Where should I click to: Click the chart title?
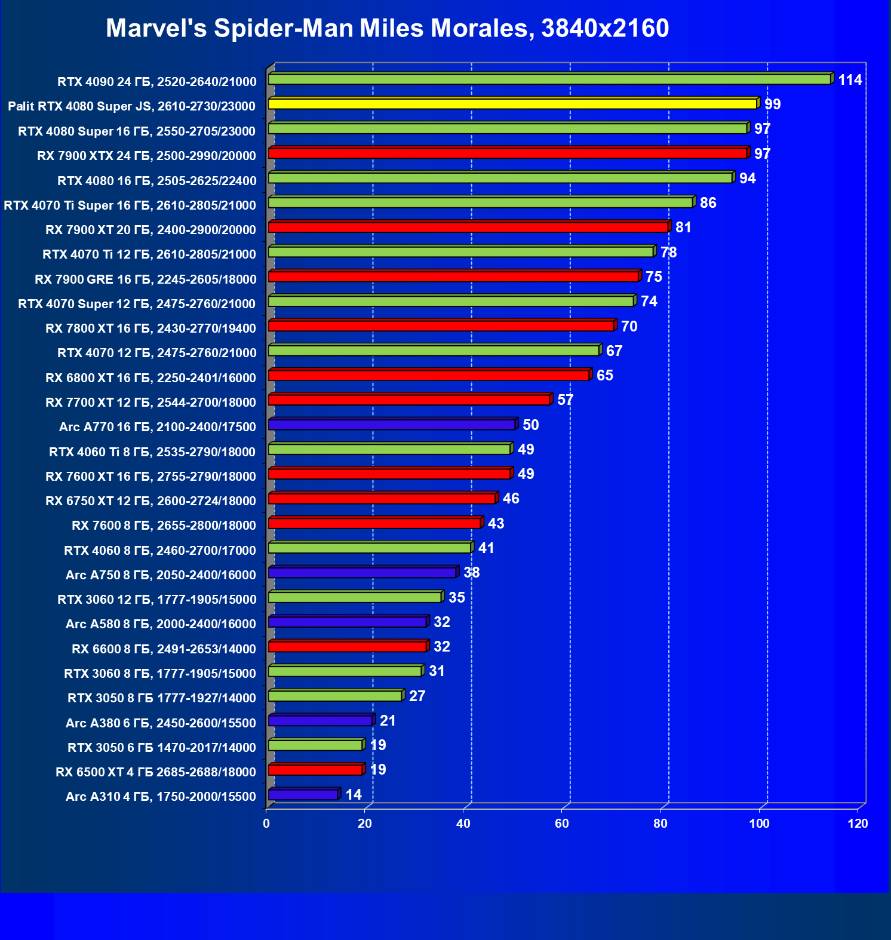[x=387, y=28]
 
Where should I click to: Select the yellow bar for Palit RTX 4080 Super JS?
[x=512, y=104]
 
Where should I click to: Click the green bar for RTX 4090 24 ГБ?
[x=549, y=79]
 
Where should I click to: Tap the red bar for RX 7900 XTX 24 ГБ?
[x=508, y=153]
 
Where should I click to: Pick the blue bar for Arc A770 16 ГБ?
[x=392, y=425]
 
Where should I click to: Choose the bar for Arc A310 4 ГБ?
[x=303, y=795]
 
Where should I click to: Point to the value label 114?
[x=850, y=80]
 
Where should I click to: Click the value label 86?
[x=708, y=203]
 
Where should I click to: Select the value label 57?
[x=565, y=400]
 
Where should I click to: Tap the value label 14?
[x=354, y=795]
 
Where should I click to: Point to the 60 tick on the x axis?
[x=562, y=824]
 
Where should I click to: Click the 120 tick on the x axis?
[x=858, y=824]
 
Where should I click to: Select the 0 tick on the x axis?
[x=266, y=824]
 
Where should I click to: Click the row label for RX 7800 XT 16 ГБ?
[x=150, y=328]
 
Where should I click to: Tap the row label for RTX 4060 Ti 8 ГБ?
[x=152, y=452]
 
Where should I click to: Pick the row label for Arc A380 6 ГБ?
[x=161, y=723]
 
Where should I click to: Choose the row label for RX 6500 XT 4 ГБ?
[x=156, y=772]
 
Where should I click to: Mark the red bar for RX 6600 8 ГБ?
[x=348, y=647]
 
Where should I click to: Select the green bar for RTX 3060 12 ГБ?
[x=355, y=597]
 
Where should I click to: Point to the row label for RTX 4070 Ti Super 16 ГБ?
[x=130, y=205]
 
